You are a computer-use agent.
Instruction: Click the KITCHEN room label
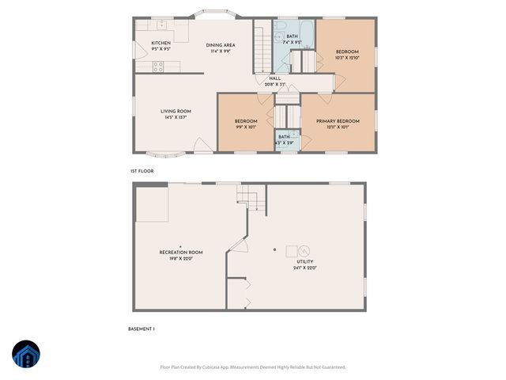click(161, 43)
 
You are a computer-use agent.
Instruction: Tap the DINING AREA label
click(221, 45)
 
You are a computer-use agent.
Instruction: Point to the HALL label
click(274, 78)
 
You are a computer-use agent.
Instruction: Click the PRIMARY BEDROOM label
click(338, 121)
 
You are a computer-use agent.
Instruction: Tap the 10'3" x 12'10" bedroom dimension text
click(347, 58)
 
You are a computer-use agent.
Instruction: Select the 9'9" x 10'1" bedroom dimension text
click(245, 127)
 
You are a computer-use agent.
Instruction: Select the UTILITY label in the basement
click(304, 261)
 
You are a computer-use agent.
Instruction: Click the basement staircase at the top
click(251, 196)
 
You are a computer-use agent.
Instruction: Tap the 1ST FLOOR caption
click(142, 171)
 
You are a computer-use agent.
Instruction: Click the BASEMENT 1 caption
click(142, 328)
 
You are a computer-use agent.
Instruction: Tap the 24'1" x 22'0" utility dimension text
click(304, 268)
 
